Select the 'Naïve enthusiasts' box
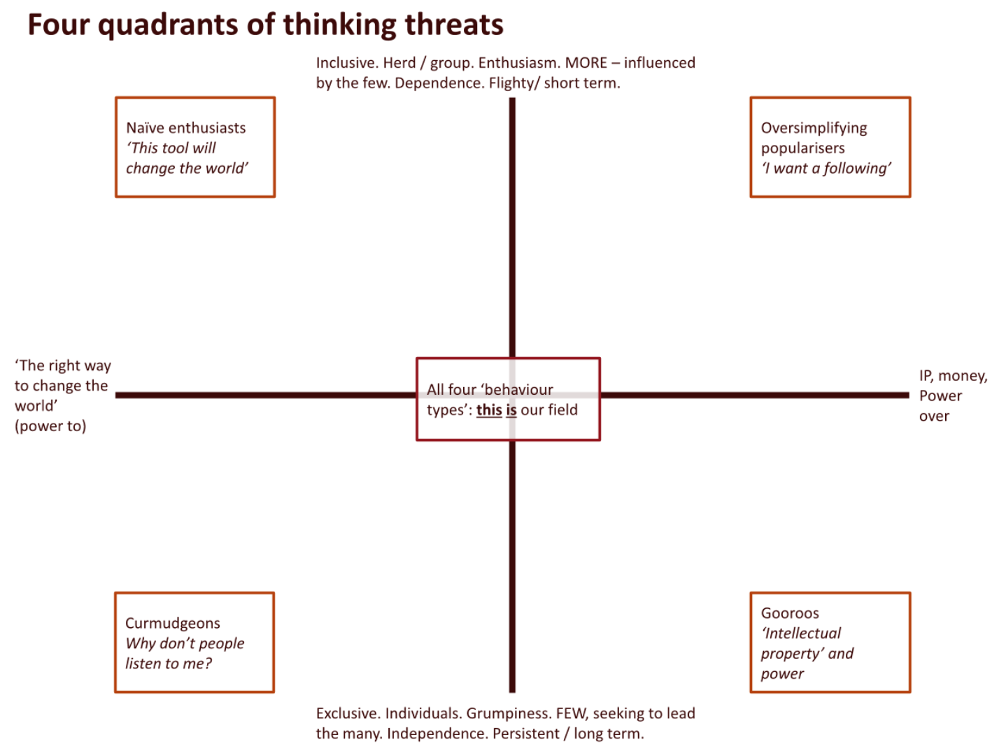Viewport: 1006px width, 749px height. point(194,147)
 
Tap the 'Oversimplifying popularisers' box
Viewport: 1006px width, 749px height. point(830,147)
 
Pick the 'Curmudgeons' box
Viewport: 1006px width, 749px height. point(194,642)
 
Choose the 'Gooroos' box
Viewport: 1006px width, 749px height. point(830,642)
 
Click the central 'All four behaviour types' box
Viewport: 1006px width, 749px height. point(508,399)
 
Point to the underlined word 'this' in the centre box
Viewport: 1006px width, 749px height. point(489,410)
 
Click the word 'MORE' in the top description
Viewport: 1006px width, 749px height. point(586,63)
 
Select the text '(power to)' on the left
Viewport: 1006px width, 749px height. point(50,426)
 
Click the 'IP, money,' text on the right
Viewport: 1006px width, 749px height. point(953,376)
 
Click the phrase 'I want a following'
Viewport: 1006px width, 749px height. point(826,168)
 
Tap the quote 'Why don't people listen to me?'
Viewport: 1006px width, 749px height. point(184,653)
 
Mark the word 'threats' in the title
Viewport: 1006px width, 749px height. point(454,26)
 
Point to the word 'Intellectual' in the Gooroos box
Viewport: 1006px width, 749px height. point(802,633)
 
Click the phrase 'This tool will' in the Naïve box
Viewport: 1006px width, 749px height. point(172,148)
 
